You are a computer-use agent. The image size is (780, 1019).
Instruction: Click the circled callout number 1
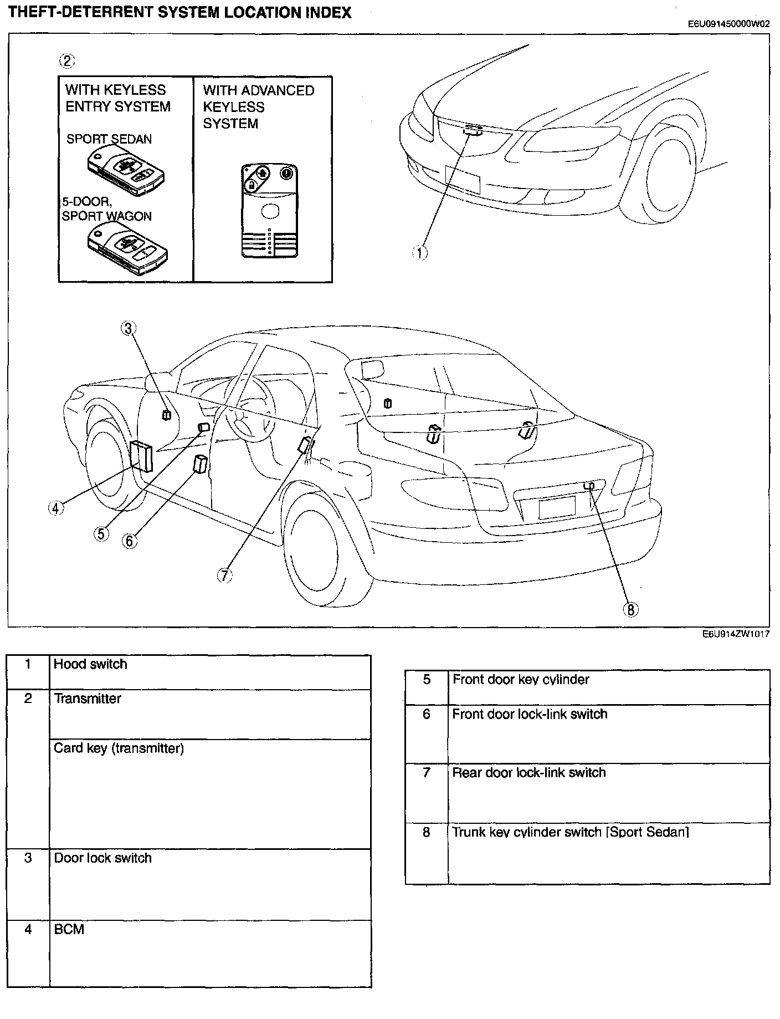pyautogui.click(x=419, y=253)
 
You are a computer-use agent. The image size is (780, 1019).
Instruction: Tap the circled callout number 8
pyautogui.click(x=630, y=609)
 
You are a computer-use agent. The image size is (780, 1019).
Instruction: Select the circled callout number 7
pyautogui.click(x=224, y=575)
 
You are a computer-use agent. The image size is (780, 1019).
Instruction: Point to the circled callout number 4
pyautogui.click(x=55, y=507)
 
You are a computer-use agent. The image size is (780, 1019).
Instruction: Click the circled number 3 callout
pyautogui.click(x=128, y=328)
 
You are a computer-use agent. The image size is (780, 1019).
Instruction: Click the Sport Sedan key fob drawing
pyautogui.click(x=128, y=170)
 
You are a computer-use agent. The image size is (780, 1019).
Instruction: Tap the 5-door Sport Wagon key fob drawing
pyautogui.click(x=128, y=248)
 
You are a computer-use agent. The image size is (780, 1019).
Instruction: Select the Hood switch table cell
pyautogui.click(x=90, y=664)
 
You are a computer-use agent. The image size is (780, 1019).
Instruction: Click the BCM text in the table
pyautogui.click(x=69, y=929)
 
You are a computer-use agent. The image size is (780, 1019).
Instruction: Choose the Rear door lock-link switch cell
pyautogui.click(x=528, y=773)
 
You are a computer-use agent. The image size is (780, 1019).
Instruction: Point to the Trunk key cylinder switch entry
pyautogui.click(x=570, y=832)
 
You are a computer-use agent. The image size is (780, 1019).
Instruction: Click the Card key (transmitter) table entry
pyautogui.click(x=119, y=748)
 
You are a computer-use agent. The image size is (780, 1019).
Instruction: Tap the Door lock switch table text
pyautogui.click(x=102, y=858)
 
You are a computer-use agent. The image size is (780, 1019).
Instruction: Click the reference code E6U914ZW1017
pyautogui.click(x=736, y=635)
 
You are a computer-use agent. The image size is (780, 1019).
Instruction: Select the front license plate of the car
pyautogui.click(x=462, y=179)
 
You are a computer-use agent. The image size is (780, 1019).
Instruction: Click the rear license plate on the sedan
pyautogui.click(x=557, y=507)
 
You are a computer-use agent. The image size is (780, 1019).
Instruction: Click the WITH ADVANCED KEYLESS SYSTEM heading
pyautogui.click(x=258, y=107)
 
